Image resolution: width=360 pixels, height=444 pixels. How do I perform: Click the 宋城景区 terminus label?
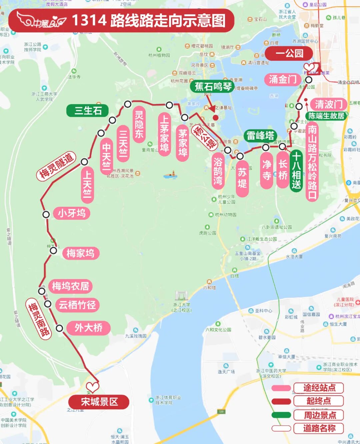pos(99,402)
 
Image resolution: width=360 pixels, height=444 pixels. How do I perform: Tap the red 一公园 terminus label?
pos(289,53)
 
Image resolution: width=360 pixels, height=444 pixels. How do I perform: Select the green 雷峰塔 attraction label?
pos(260,135)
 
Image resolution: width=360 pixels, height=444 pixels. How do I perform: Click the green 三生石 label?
pos(88,110)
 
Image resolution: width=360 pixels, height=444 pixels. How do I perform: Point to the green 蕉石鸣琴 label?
pos(213,86)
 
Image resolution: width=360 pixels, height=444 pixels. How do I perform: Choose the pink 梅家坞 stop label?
pos(80,253)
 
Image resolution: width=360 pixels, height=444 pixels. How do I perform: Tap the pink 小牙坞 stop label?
pos(72,213)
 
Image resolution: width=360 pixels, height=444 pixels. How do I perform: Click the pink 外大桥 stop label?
pos(88,328)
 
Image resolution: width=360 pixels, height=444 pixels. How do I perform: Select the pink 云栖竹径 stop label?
pos(77,305)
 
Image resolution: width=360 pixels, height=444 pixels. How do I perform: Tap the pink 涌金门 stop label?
pos(283,79)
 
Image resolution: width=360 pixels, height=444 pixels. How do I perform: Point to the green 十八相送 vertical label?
pos(296,171)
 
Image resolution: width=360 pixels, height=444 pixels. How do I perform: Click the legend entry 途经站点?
pos(319,388)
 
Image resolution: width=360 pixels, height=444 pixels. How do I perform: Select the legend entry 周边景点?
pos(319,415)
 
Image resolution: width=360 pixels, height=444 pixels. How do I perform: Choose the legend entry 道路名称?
pos(319,428)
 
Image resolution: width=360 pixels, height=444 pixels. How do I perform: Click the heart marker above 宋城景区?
pos(93,387)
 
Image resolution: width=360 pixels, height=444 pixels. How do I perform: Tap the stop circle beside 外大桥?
pos(59,328)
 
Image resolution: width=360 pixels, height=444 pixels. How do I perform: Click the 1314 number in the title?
pos(89,20)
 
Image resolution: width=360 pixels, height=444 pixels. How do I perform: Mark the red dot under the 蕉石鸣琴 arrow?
pos(216,117)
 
